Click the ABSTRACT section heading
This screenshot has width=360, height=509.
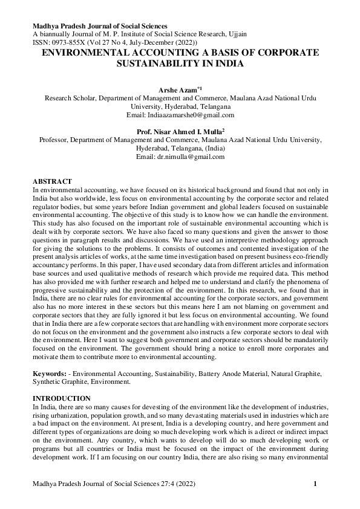coord(52,181)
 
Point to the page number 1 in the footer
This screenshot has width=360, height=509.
coord(316,484)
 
